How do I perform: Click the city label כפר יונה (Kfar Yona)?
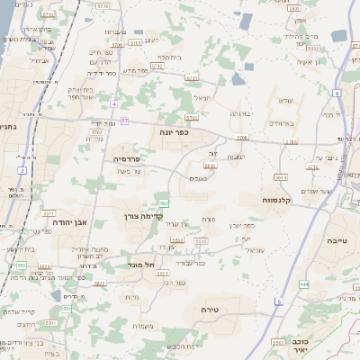click(175, 131)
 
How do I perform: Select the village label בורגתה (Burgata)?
click(242, 113)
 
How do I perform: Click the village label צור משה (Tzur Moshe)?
click(131, 172)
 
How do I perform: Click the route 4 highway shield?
click(114, 103)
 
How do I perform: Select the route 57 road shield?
click(124, 121)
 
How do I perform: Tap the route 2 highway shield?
click(22, 169)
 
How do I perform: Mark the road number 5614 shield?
click(281, 177)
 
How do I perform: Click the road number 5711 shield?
click(192, 77)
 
